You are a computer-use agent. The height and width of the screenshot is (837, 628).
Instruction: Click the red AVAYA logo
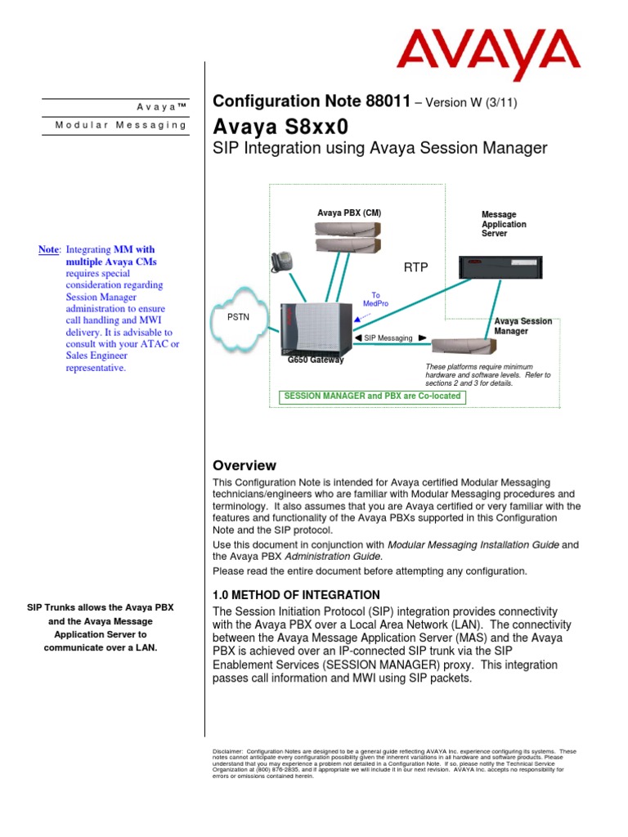click(488, 55)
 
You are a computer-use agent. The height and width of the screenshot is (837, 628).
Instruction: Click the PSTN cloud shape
click(239, 314)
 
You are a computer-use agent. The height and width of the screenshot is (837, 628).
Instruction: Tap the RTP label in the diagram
click(416, 267)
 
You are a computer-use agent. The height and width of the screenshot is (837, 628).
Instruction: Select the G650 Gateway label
click(316, 360)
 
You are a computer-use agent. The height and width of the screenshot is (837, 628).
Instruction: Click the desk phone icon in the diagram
click(280, 260)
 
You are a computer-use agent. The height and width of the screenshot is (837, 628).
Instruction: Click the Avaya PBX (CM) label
click(349, 213)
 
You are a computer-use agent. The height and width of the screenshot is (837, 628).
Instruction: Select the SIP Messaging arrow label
click(388, 338)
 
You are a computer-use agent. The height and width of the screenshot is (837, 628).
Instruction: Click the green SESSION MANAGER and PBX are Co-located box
click(371, 396)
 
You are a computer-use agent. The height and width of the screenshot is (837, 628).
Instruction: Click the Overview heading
click(244, 465)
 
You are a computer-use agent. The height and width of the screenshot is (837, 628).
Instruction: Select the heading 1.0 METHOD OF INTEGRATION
click(296, 594)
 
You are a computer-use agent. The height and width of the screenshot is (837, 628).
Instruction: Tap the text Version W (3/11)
click(469, 102)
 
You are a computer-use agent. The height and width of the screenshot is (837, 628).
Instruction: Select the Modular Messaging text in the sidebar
click(121, 125)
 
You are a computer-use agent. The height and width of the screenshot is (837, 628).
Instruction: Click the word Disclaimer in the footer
click(227, 751)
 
